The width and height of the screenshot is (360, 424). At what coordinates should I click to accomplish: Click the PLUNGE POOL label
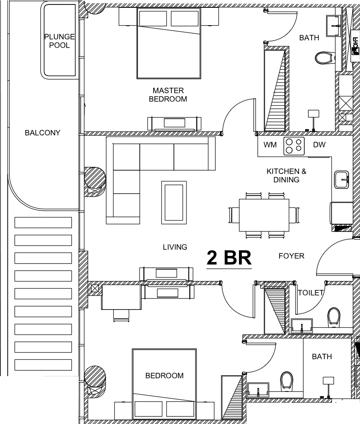point(59,41)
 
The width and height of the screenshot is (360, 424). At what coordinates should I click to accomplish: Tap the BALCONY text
point(43,133)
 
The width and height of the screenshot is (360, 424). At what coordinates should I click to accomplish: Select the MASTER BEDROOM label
point(168,95)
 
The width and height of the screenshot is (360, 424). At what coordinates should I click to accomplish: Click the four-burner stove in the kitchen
point(294,146)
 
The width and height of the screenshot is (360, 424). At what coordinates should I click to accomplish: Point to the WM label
point(270,145)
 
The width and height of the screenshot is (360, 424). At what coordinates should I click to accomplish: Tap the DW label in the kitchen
point(319,145)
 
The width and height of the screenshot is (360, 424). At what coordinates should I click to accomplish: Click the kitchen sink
point(342,179)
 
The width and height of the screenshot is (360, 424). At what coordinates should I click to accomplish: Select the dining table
point(264,215)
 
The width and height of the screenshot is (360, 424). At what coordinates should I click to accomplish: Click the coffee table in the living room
point(174,203)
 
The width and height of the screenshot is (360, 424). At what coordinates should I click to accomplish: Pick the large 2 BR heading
point(229,258)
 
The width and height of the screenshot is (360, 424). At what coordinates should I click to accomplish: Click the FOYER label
point(291,256)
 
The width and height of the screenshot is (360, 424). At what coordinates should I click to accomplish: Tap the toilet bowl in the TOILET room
point(334,317)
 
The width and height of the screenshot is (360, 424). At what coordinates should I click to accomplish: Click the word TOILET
point(311,292)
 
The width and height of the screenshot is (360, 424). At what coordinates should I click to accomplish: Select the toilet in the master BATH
point(324,58)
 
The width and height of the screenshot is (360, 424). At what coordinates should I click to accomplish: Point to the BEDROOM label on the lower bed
point(165,376)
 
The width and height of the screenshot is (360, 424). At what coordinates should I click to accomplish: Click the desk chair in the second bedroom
point(121,315)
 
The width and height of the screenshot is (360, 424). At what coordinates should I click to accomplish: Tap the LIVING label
point(175,247)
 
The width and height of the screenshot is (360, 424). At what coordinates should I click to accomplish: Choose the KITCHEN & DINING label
point(286,175)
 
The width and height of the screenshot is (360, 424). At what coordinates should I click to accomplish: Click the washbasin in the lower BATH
point(258,389)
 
